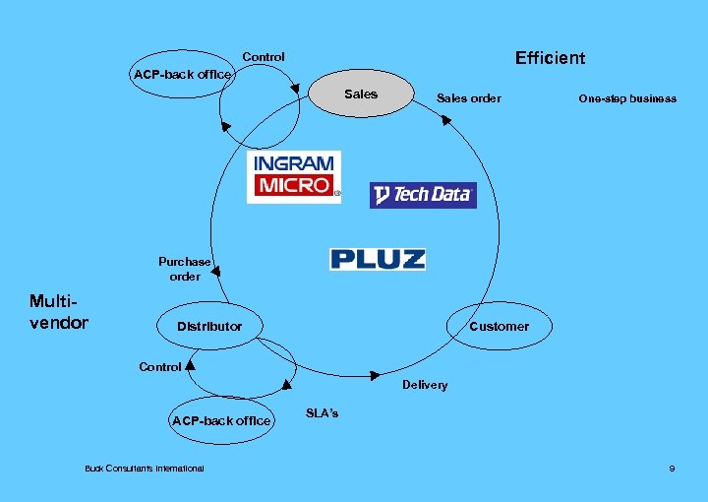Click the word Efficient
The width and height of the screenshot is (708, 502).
pos(550,58)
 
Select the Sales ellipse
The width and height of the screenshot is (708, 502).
pos(361,94)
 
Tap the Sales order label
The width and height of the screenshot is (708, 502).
pos(468,97)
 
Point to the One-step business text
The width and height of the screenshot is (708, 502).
pos(627,98)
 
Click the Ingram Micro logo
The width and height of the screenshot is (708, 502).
pos(292,176)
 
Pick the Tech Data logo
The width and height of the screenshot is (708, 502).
pos(423,194)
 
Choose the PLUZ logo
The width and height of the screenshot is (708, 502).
pos(378,259)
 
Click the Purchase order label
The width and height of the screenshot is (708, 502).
pos(185,269)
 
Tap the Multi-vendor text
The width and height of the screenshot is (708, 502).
pos(59,311)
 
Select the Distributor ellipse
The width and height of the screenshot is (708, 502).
pos(209,326)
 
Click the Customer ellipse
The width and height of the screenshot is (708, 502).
pos(499,326)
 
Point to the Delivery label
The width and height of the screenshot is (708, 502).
pos(425,385)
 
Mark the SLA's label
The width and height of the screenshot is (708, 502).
pos(323,413)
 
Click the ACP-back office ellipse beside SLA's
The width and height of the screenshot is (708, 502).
pos(221,420)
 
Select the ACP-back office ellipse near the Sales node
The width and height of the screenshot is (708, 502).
pos(183,74)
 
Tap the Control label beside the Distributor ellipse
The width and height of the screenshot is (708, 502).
pos(160,366)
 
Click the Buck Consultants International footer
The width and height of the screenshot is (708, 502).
pos(145,468)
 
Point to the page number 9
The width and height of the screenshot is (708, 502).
pos(672,468)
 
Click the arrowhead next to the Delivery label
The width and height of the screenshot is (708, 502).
pos(375,375)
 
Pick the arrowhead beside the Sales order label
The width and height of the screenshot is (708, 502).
pos(444,120)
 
